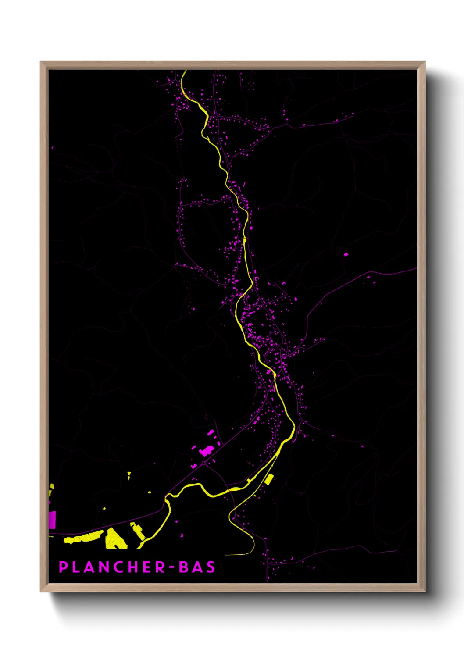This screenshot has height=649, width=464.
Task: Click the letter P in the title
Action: click(x=63, y=567)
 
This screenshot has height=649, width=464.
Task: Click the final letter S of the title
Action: click(x=211, y=567)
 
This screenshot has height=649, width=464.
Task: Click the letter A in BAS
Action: click(x=197, y=567)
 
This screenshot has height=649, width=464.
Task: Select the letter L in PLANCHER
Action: click(x=76, y=567)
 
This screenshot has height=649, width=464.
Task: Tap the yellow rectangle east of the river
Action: click(x=269, y=479)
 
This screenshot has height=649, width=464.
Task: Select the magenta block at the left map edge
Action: click(x=52, y=519)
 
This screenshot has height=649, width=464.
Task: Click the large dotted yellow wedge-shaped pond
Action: click(x=115, y=539)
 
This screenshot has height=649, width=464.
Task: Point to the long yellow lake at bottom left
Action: click(x=83, y=537)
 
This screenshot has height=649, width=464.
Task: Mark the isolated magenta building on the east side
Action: click(x=346, y=254)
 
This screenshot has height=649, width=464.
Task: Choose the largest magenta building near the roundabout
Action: click(x=205, y=451)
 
